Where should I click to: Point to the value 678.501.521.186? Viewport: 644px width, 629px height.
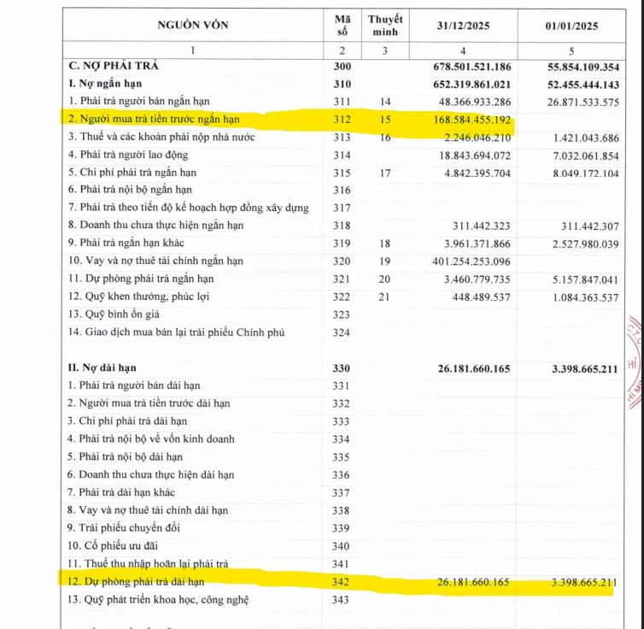pyautogui.click(x=470, y=66)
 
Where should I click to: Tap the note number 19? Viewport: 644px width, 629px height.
pyautogui.click(x=385, y=262)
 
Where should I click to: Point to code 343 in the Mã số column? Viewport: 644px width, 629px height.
pyautogui.click(x=342, y=601)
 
